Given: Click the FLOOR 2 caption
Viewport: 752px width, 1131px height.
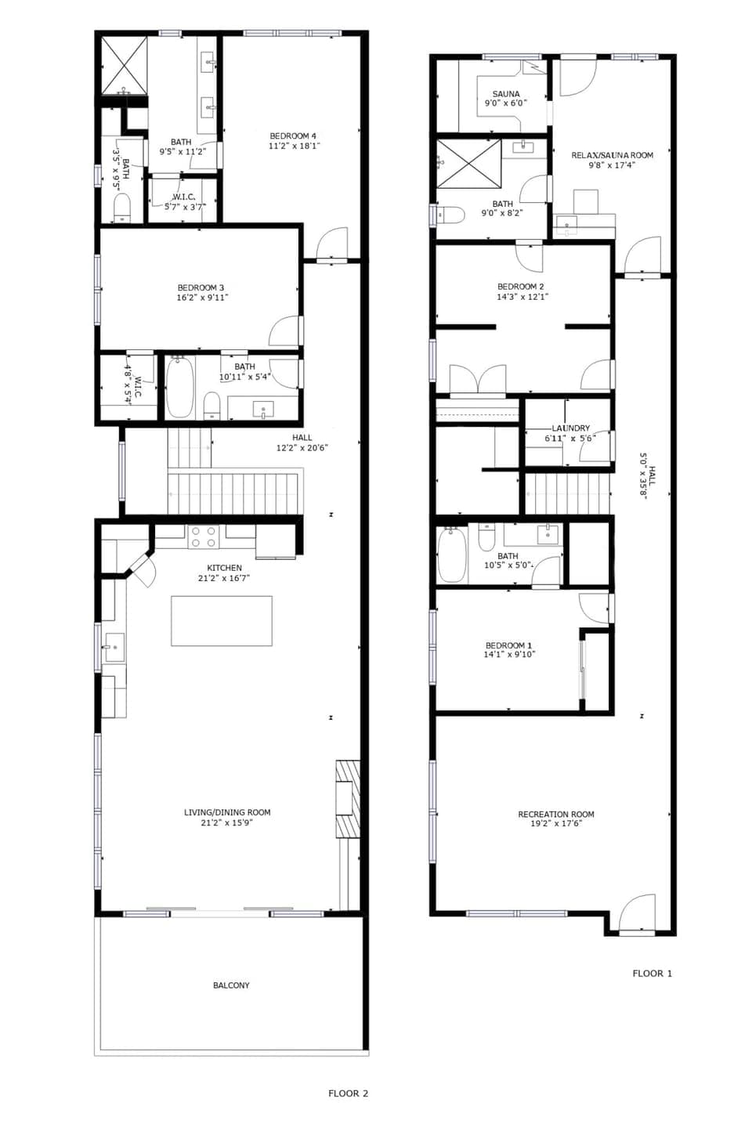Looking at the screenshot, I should click(x=348, y=1093).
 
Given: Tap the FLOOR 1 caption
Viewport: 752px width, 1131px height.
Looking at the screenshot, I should click(x=652, y=974).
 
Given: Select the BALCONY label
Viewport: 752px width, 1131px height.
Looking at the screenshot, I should click(x=231, y=985).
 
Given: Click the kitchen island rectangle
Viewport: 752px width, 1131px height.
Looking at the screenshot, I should click(x=222, y=621).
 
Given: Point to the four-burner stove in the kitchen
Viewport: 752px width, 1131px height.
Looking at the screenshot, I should click(x=204, y=537).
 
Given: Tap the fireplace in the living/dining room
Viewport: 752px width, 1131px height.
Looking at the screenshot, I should click(x=347, y=799).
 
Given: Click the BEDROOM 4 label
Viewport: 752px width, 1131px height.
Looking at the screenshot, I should click(x=293, y=136).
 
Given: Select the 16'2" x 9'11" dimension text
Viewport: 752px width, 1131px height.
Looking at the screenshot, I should click(x=202, y=298).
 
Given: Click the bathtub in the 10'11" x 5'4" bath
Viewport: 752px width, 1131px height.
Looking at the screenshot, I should click(x=179, y=387).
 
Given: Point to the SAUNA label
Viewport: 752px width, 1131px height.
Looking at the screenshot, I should click(x=506, y=94).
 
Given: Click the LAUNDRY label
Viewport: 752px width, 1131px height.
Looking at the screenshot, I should click(x=570, y=428).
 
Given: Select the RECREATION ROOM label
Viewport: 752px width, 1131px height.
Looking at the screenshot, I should click(x=555, y=815).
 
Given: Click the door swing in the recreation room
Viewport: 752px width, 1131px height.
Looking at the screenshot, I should click(x=637, y=913).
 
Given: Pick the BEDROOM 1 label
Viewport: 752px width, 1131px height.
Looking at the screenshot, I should click(x=508, y=645).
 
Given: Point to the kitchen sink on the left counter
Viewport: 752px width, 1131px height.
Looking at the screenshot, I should click(x=113, y=647).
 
